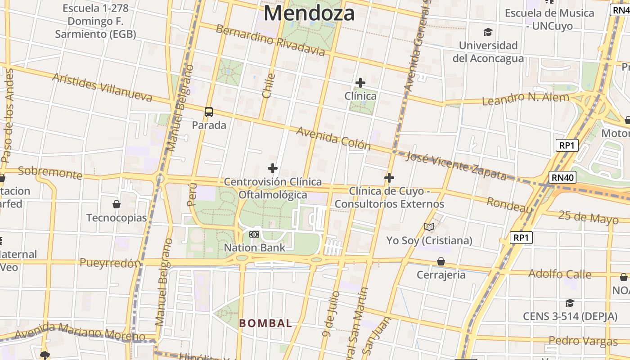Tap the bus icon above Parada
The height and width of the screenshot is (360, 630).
click(209, 112)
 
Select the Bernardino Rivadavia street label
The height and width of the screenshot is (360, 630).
click(270, 40)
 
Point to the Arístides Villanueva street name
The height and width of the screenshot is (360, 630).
click(102, 86)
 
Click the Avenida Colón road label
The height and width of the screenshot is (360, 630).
click(333, 138)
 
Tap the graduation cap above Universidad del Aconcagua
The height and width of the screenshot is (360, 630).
click(488, 32)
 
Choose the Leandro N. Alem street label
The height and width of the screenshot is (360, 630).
click(525, 99)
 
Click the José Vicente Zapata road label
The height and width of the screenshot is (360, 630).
click(456, 166)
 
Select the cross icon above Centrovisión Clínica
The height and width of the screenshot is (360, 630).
click(272, 168)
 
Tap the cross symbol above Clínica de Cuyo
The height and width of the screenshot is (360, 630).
click(389, 178)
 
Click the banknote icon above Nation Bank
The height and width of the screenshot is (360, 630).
click(254, 234)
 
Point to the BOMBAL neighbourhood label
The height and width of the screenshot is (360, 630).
click(265, 323)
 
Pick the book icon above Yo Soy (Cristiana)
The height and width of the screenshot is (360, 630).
click(429, 227)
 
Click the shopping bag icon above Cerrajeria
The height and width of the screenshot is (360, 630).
click(441, 261)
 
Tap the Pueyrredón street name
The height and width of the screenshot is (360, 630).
click(110, 263)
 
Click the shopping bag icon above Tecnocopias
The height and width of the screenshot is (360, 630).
click(117, 205)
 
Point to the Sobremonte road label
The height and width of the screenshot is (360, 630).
click(50, 172)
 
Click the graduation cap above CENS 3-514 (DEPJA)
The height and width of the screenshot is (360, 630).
click(570, 303)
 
